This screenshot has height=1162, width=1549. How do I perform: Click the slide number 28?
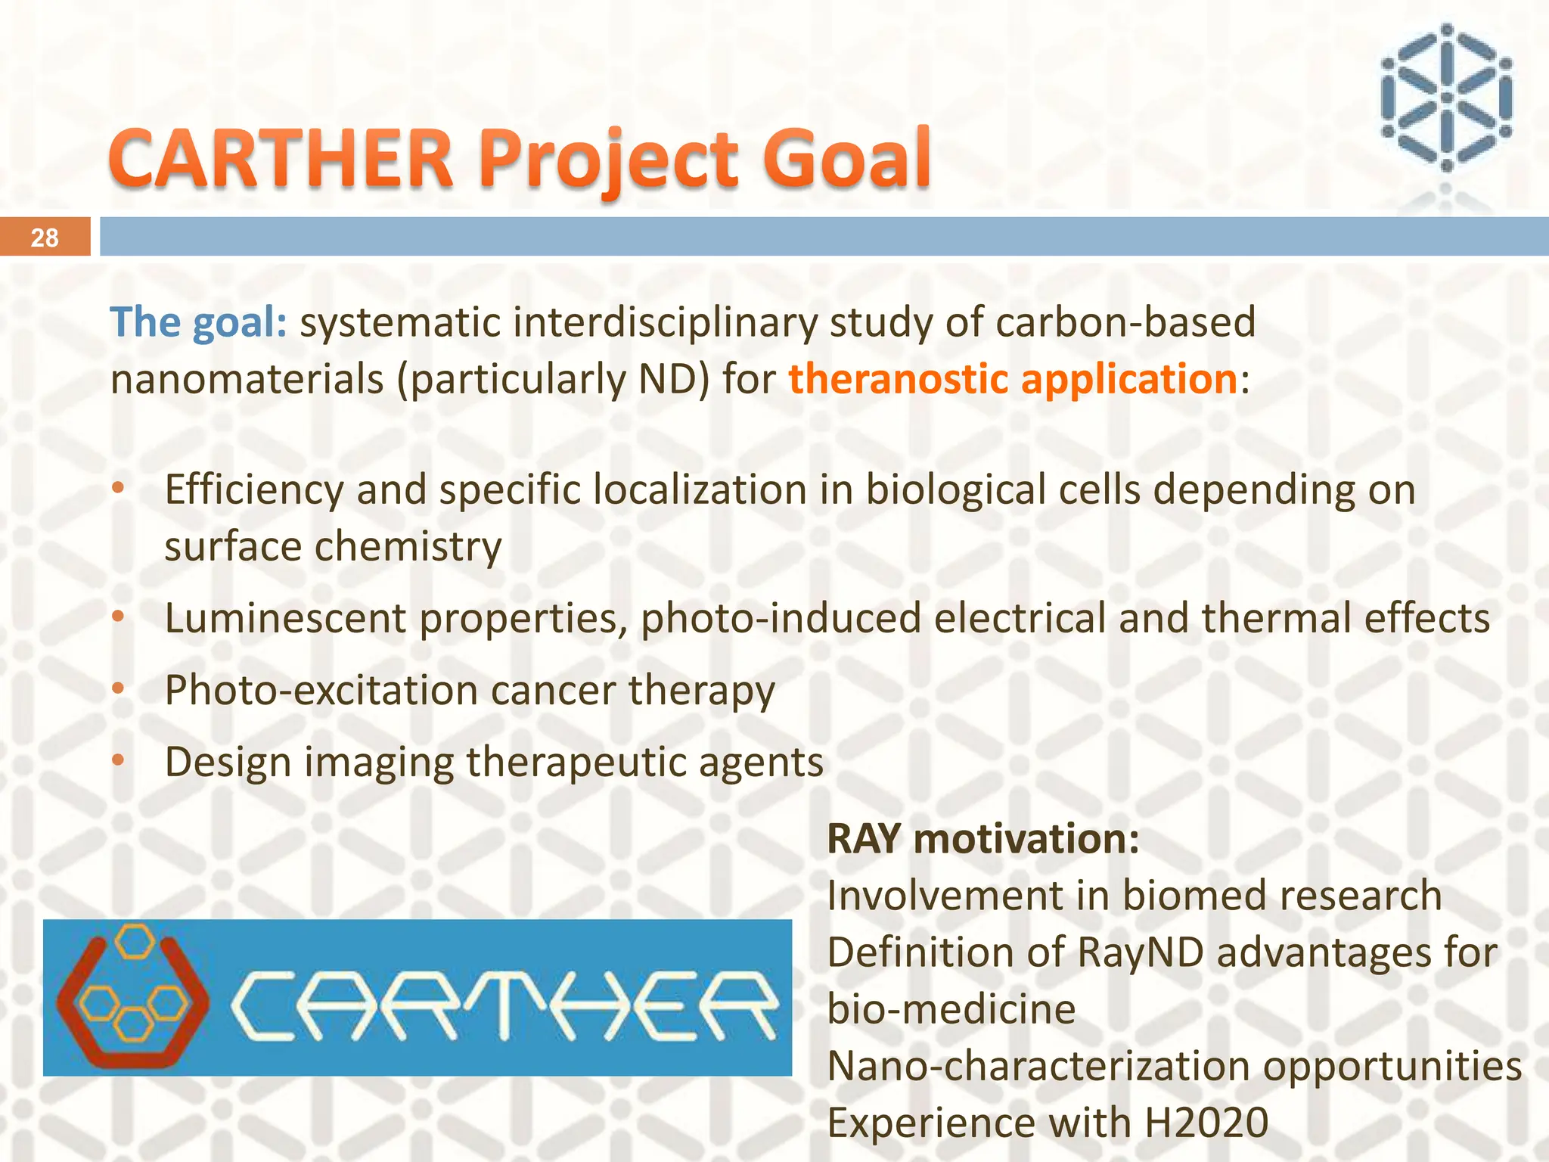point(45,238)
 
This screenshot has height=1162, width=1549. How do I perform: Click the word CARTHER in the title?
point(281,159)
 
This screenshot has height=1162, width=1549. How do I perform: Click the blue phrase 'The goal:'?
point(199,323)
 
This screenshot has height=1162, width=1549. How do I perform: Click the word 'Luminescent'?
point(285,618)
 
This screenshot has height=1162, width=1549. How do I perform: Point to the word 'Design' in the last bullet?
point(228,762)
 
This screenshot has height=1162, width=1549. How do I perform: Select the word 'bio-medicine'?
point(951,1009)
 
